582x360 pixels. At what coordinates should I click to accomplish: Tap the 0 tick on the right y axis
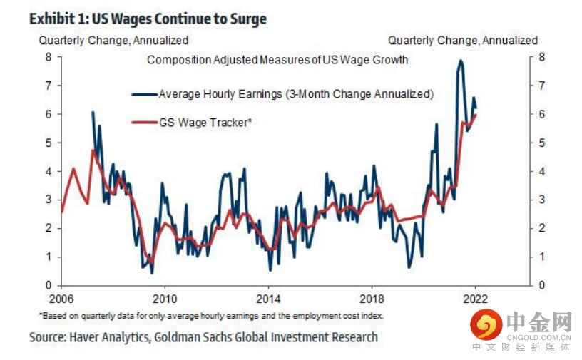[x=541, y=285]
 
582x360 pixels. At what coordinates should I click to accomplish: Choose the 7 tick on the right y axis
[x=541, y=86]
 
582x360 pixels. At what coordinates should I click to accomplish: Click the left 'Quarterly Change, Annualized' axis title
[x=113, y=41]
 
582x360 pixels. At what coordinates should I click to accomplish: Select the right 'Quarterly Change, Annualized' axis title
[x=463, y=41]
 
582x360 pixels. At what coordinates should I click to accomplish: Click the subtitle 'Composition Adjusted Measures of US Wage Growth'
[x=277, y=60]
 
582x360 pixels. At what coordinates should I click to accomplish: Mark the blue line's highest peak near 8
[x=460, y=61]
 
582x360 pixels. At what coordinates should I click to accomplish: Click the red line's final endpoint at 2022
[x=476, y=115]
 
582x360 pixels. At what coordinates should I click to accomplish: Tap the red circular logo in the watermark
[x=486, y=326]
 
